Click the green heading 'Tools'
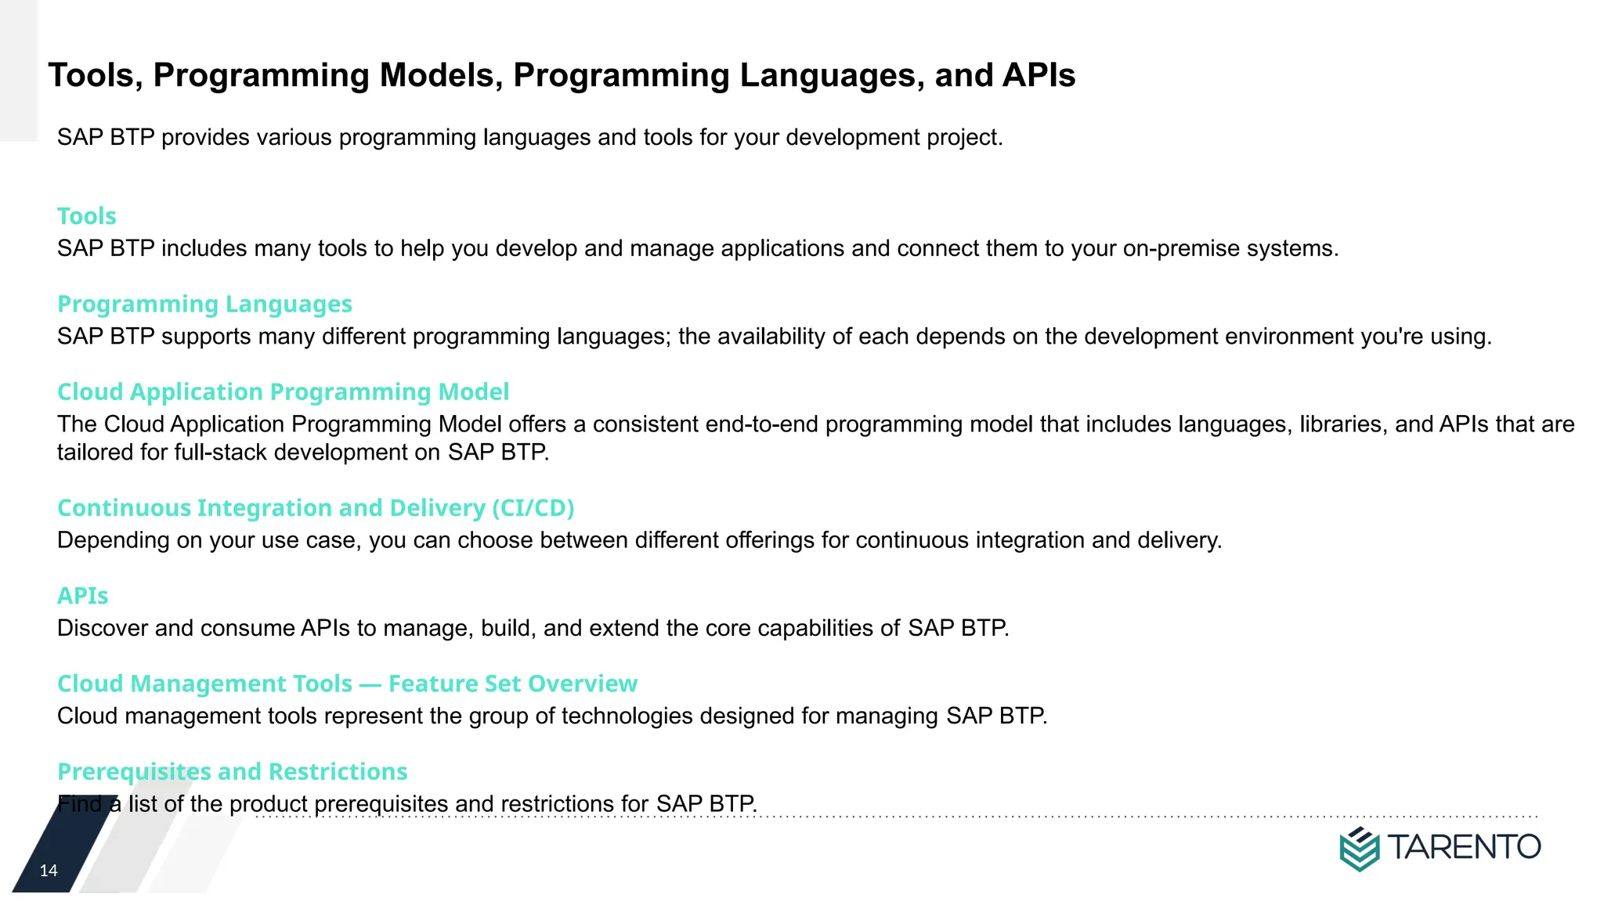click(x=86, y=216)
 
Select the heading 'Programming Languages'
click(x=204, y=304)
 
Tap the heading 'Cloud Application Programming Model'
click(x=283, y=391)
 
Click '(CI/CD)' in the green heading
click(x=533, y=508)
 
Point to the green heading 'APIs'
click(x=82, y=596)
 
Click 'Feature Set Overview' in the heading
click(x=512, y=684)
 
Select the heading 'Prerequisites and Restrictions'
click(x=232, y=771)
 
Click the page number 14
click(x=49, y=871)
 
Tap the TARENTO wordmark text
click(x=1464, y=847)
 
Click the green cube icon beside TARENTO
click(x=1359, y=849)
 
